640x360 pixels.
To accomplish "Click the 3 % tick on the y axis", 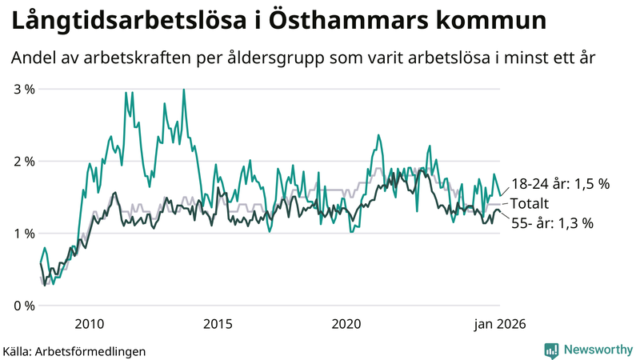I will tap(23, 89).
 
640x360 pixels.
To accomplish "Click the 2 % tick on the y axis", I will tap(23, 161).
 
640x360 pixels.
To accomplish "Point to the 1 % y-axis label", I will tap(23, 234).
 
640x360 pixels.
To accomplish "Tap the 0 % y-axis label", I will tap(23, 306).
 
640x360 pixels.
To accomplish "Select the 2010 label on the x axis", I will tap(89, 324).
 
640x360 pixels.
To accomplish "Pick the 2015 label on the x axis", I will tap(218, 324).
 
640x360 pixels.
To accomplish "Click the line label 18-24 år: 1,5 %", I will tap(560, 184).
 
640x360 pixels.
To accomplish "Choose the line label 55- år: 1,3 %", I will tap(552, 223).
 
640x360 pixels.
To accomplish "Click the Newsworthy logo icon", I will tap(551, 350).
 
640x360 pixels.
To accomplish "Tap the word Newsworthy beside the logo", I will tap(598, 350).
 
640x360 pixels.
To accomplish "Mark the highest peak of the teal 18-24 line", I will tap(184, 90).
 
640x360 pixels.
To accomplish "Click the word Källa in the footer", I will tap(18, 351).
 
